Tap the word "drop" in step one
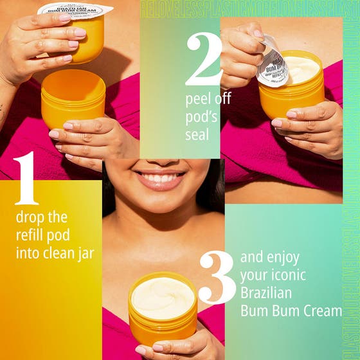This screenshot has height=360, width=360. click(32, 217)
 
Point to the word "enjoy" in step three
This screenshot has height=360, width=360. click(280, 258)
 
